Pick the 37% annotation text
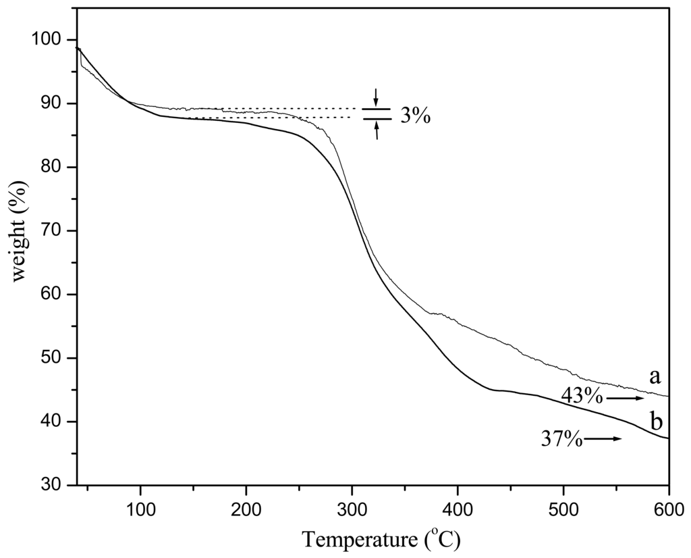[561, 439]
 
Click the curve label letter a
[655, 376]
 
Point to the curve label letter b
[656, 423]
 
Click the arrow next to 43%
[625, 399]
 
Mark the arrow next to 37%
[603, 439]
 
